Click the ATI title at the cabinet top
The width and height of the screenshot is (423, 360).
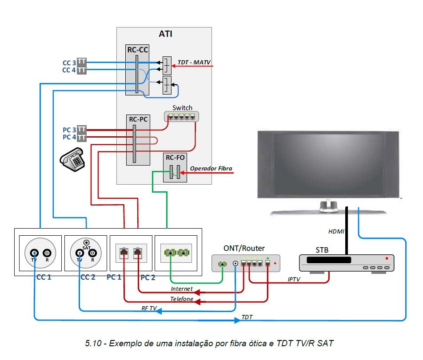165,34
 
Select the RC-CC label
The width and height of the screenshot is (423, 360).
137,50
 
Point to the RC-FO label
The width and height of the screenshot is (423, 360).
175,158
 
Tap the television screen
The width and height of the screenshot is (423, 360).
328,164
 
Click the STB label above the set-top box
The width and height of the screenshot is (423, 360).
322,250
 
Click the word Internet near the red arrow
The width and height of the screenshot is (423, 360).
182,289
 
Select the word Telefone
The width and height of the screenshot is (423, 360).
182,299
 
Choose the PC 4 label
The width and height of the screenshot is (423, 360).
69,137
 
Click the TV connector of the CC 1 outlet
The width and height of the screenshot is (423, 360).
34,253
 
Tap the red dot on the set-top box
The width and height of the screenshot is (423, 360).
387,258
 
